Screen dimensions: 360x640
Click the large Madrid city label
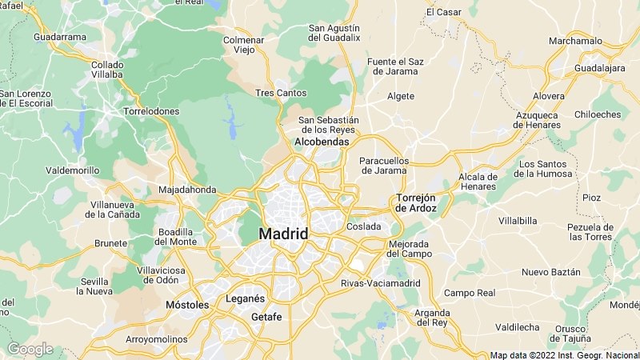(x=283, y=234)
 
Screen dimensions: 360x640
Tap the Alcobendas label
(x=322, y=142)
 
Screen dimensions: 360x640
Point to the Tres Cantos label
(x=280, y=94)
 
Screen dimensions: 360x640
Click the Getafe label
(x=266, y=317)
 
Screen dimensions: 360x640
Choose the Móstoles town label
(x=186, y=305)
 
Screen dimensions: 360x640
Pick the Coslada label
(x=363, y=226)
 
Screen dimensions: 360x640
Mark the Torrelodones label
(x=151, y=111)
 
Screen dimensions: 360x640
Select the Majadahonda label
(x=187, y=190)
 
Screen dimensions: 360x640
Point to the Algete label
(x=401, y=96)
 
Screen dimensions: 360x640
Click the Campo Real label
(x=470, y=293)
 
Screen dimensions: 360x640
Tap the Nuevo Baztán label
(x=550, y=272)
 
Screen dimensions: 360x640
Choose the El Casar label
(x=443, y=12)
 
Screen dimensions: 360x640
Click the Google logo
(x=30, y=349)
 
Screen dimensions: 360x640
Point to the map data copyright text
(x=564, y=355)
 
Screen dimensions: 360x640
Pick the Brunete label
(x=111, y=243)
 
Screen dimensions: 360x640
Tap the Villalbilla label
(x=517, y=220)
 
